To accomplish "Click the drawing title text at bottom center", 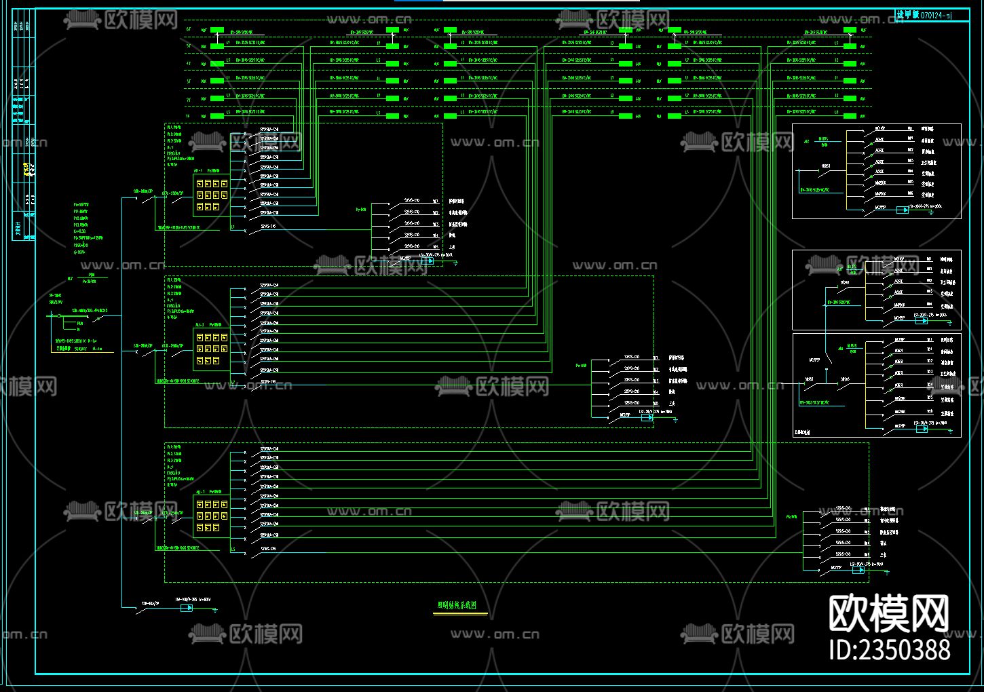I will (456, 605).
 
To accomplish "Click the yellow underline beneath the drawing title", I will (460, 614).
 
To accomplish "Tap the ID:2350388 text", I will (890, 649).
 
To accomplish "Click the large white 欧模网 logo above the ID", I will (889, 613).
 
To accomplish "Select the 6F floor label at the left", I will (188, 29).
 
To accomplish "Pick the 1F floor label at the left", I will (188, 116).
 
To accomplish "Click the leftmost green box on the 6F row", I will (217, 30).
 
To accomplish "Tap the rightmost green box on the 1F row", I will (849, 116).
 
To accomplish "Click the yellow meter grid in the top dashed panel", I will (211, 195).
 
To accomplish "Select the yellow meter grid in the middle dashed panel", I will (211, 349).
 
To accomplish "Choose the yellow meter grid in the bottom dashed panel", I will (211, 516).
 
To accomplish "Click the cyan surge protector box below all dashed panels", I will (186, 608).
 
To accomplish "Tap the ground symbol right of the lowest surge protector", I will (215, 610).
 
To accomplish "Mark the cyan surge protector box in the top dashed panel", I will (427, 261).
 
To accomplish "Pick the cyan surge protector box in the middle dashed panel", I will (647, 417).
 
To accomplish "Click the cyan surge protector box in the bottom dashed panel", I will (858, 570).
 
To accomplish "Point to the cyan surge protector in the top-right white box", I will (902, 210).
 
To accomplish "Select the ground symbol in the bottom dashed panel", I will (886, 573).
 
